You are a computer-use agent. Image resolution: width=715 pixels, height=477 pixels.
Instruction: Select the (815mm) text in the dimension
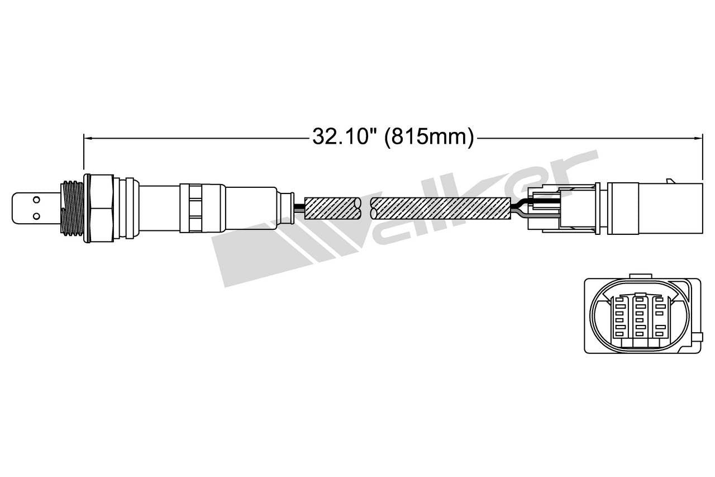click(429, 136)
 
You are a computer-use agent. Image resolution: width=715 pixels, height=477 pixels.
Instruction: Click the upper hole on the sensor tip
click(36, 199)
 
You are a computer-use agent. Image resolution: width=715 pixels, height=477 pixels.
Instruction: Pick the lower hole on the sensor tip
click(36, 215)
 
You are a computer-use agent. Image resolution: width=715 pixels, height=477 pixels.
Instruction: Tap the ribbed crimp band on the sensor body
click(194, 208)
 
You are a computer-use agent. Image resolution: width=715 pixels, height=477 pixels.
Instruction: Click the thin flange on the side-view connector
click(598, 207)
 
